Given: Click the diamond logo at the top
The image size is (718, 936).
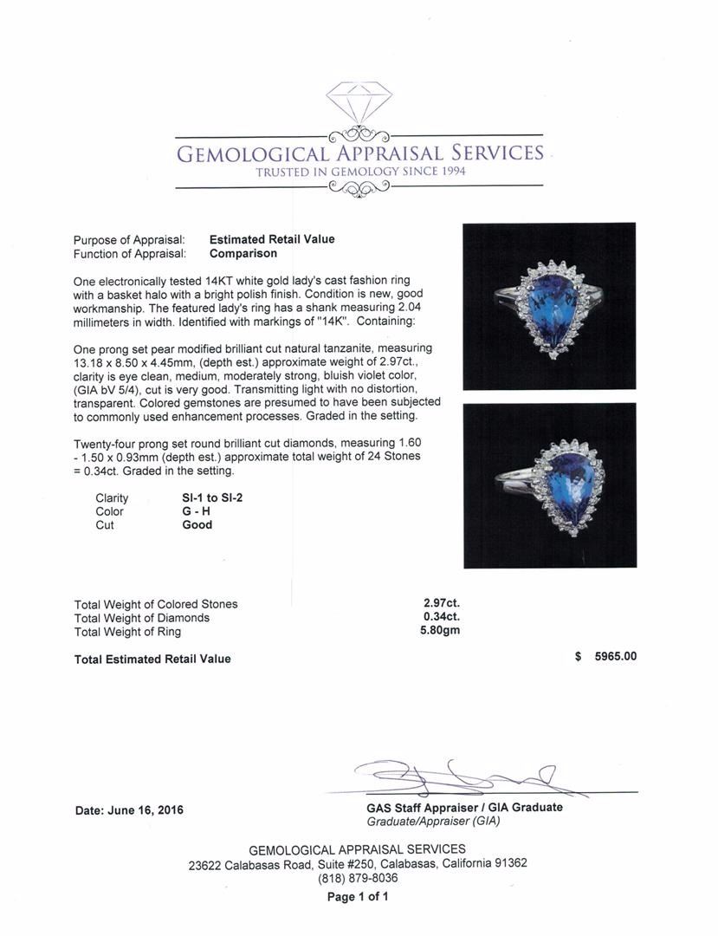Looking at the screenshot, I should [359, 101].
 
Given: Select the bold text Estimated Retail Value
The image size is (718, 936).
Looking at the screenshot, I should [272, 239].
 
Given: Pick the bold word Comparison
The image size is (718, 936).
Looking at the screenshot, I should [243, 254].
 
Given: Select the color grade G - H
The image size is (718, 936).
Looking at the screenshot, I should [196, 511].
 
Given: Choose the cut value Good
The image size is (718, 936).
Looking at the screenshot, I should [197, 524].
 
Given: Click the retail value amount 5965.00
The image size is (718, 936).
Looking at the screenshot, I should [615, 656].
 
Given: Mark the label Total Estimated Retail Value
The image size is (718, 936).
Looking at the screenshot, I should [152, 659].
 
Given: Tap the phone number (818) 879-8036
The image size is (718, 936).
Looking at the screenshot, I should [358, 878].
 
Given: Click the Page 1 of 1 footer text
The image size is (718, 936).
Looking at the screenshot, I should [358, 897].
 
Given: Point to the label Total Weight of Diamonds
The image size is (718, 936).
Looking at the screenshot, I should [142, 618].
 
